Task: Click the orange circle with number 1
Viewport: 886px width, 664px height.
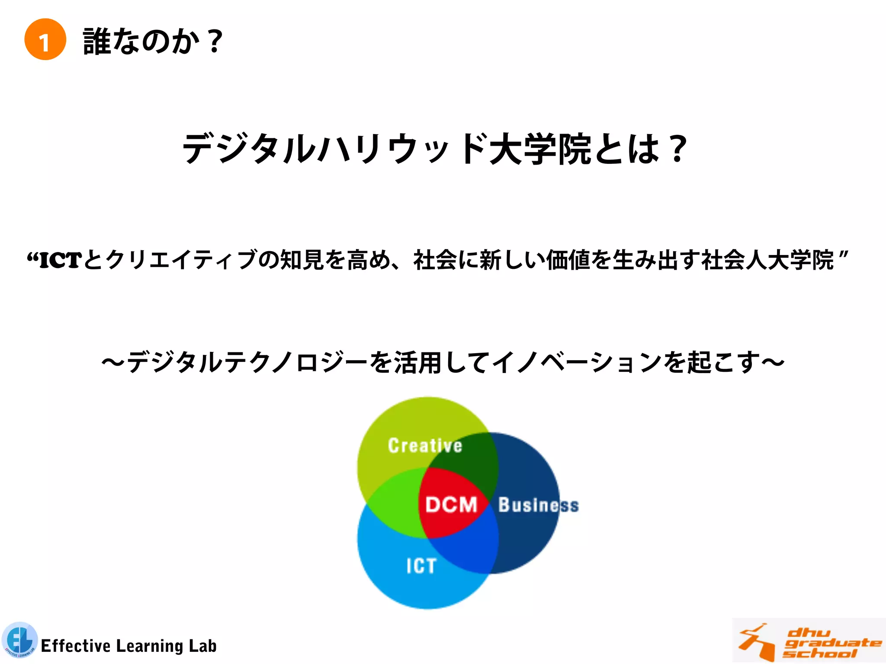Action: [x=45, y=39]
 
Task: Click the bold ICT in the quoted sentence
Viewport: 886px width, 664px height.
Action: [x=60, y=260]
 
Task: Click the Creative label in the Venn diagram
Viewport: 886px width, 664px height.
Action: [x=425, y=446]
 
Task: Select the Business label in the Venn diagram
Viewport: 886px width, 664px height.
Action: [x=538, y=505]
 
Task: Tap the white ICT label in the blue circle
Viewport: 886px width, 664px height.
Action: [x=421, y=566]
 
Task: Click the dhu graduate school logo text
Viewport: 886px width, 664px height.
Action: [x=831, y=643]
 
